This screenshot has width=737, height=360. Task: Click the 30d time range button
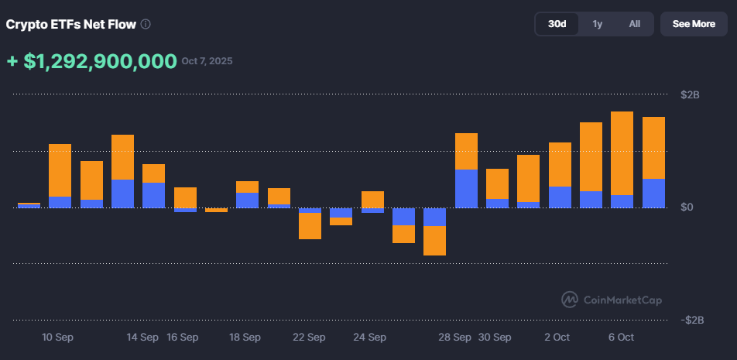click(557, 24)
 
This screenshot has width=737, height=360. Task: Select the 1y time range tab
click(597, 24)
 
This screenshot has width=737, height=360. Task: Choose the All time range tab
click(634, 24)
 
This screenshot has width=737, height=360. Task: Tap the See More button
click(694, 24)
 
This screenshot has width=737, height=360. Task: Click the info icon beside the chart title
click(146, 24)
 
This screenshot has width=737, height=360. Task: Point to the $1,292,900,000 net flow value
click(101, 62)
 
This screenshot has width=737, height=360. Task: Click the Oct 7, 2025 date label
click(207, 61)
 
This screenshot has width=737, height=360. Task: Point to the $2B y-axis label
click(690, 95)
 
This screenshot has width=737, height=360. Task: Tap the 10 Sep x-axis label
click(58, 338)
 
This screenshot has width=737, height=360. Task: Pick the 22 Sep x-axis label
click(309, 338)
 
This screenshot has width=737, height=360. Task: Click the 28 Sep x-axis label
click(455, 338)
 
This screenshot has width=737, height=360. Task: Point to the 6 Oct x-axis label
click(621, 338)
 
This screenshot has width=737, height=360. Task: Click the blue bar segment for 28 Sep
click(466, 188)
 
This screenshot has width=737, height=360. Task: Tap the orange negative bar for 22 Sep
click(310, 226)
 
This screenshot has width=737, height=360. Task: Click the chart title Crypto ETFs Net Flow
click(71, 24)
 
